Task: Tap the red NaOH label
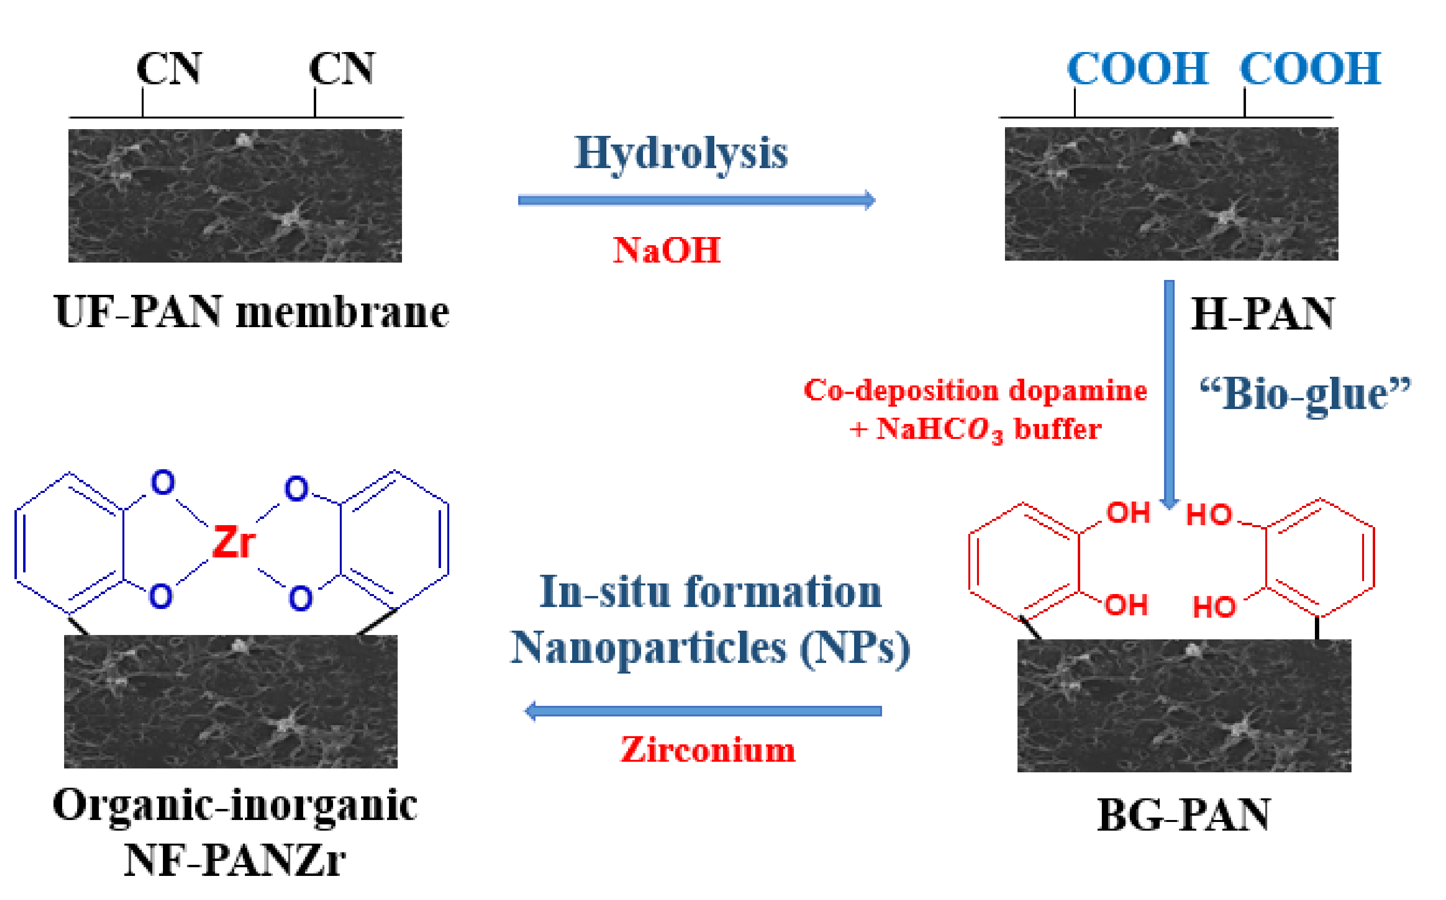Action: pyautogui.click(x=667, y=250)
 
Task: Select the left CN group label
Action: pyautogui.click(x=169, y=68)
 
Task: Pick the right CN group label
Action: pyautogui.click(x=342, y=68)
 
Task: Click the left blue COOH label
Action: pyautogui.click(x=1137, y=68)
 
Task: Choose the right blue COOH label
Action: pyautogui.click(x=1309, y=68)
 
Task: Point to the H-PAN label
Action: pyautogui.click(x=1261, y=314)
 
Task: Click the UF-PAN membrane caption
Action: pyautogui.click(x=251, y=312)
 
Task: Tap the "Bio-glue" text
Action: pyautogui.click(x=1304, y=394)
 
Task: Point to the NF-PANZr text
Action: pyautogui.click(x=235, y=860)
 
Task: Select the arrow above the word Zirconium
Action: pyautogui.click(x=702, y=711)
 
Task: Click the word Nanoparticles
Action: pyautogui.click(x=649, y=648)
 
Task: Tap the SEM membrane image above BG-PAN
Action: pyautogui.click(x=1183, y=705)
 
